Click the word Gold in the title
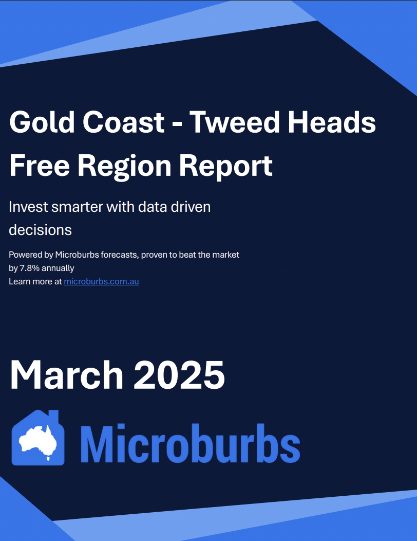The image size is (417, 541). (x=42, y=122)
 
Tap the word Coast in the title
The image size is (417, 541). (x=123, y=122)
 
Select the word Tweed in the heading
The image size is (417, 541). (x=234, y=122)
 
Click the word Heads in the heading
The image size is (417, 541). (x=332, y=122)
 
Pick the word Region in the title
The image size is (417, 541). (x=124, y=167)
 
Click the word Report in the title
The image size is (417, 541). (x=226, y=167)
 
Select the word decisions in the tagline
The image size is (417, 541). (x=41, y=230)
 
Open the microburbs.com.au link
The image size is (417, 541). (x=101, y=281)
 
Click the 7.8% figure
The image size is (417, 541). (x=30, y=268)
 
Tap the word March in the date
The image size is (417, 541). (x=67, y=375)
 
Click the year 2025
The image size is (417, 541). (x=179, y=375)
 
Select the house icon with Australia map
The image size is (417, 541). (x=38, y=438)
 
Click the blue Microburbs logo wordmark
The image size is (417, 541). (x=190, y=443)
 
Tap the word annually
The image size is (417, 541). (x=58, y=268)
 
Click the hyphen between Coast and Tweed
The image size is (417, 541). (x=177, y=124)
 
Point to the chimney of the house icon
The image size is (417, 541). (x=53, y=416)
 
